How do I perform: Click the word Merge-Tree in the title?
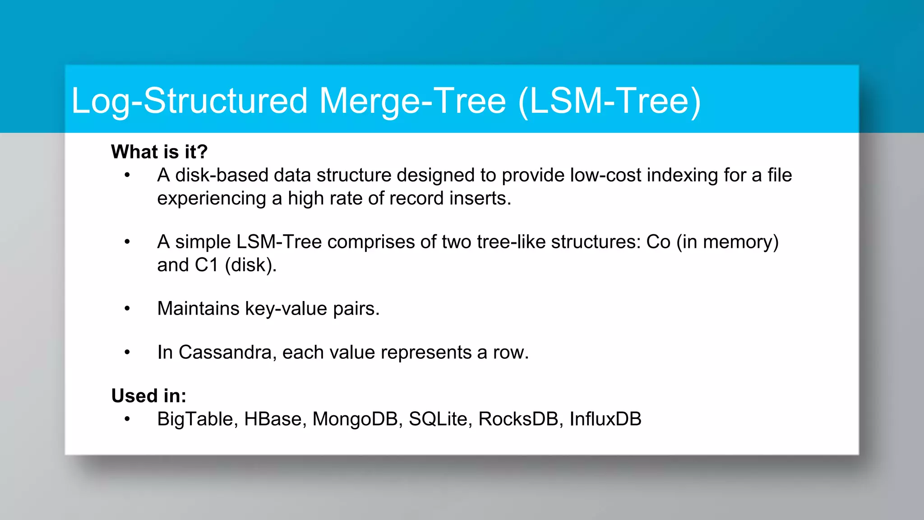[412, 101]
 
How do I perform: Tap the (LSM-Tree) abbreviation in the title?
[610, 101]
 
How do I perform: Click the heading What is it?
[159, 152]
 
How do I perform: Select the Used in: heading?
[148, 396]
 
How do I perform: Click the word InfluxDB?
[605, 419]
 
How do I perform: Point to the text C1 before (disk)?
[207, 265]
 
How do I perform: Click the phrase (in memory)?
[727, 242]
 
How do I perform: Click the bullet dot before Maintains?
[127, 309]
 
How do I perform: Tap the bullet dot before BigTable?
[127, 419]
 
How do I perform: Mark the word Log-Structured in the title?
[189, 101]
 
